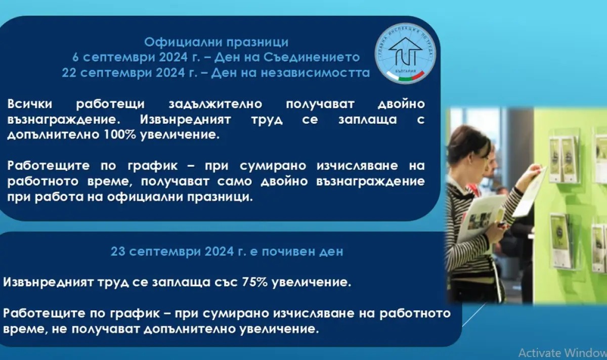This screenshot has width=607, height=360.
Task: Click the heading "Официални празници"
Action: [x=216, y=42]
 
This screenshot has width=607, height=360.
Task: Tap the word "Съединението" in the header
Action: [x=312, y=57]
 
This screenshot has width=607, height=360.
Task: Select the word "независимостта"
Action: [x=315, y=73]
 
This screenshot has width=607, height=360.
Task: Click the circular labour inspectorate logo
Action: [x=405, y=54]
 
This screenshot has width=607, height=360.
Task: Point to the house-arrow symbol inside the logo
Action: [x=405, y=52]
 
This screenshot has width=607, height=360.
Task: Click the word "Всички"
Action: [x=29, y=104]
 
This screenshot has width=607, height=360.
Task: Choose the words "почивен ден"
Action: [x=302, y=252]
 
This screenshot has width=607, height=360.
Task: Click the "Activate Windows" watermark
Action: [x=562, y=353]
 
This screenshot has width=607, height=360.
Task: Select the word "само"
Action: [x=234, y=182]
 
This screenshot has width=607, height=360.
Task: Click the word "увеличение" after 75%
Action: [x=312, y=282]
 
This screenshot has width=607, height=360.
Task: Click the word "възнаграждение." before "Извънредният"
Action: [x=64, y=120]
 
